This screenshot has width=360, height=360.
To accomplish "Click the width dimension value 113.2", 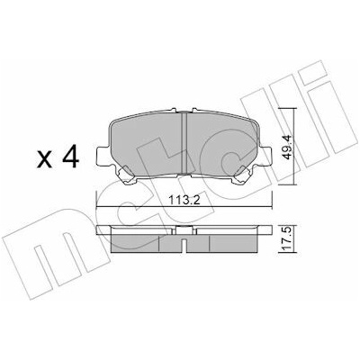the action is [x=184, y=200].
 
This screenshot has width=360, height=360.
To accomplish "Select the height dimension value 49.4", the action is [x=287, y=148].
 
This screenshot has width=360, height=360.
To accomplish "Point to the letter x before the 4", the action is [x=44, y=159].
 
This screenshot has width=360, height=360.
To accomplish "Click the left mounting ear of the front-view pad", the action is [x=102, y=156].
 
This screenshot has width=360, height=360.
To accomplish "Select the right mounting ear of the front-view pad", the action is [x=265, y=156].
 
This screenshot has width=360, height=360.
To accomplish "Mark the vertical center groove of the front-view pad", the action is [x=184, y=143].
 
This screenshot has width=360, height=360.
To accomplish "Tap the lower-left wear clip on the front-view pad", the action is [x=126, y=176].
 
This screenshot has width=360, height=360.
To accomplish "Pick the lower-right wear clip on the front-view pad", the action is [x=243, y=176].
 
